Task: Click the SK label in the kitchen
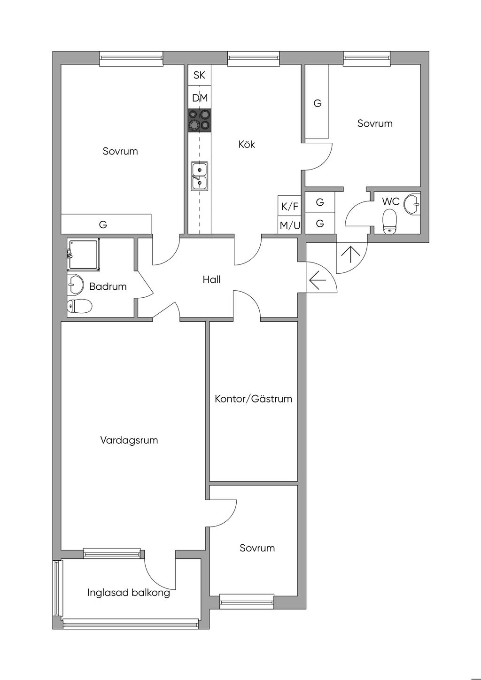point(199,75)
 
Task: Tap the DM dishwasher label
point(200,98)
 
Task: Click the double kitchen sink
point(199,176)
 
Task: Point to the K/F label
point(289,206)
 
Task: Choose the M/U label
point(289,225)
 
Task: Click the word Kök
point(247,144)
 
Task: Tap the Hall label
point(211,279)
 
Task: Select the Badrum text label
point(108,286)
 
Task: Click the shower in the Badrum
point(85,254)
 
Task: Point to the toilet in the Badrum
point(79,306)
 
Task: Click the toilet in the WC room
point(390,221)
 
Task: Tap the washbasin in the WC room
point(413,204)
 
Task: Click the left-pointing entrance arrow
point(318,281)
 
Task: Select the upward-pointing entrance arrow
point(349,254)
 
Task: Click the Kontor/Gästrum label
point(253,399)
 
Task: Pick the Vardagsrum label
point(129,440)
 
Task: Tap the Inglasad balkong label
point(128,592)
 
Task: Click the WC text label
point(390,201)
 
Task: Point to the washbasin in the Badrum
point(75,284)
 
